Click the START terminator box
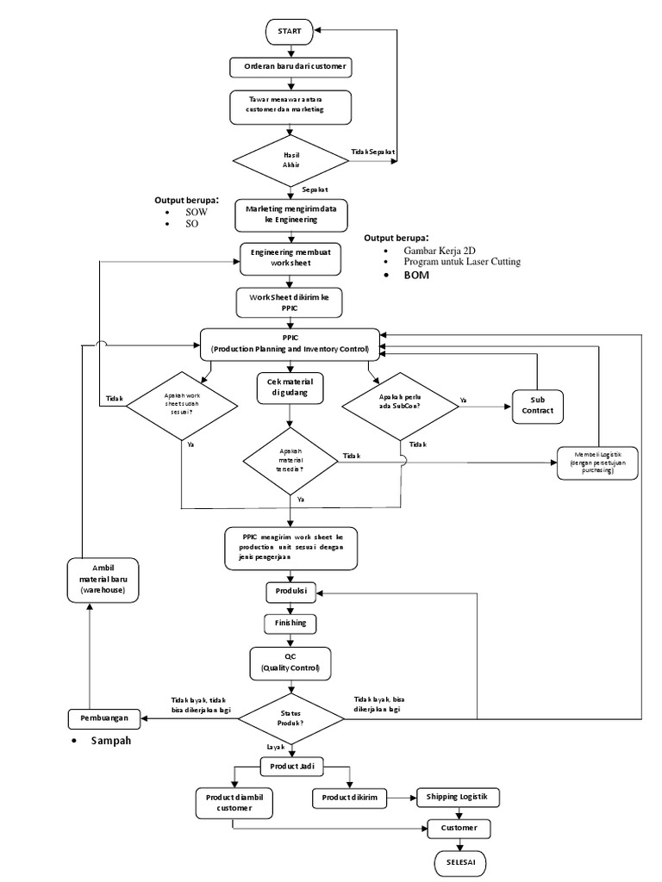[x=290, y=31]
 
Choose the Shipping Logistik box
[x=458, y=798]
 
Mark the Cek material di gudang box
[x=290, y=388]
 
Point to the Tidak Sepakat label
[x=373, y=152]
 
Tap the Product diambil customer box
[x=234, y=802]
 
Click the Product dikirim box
[x=350, y=798]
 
